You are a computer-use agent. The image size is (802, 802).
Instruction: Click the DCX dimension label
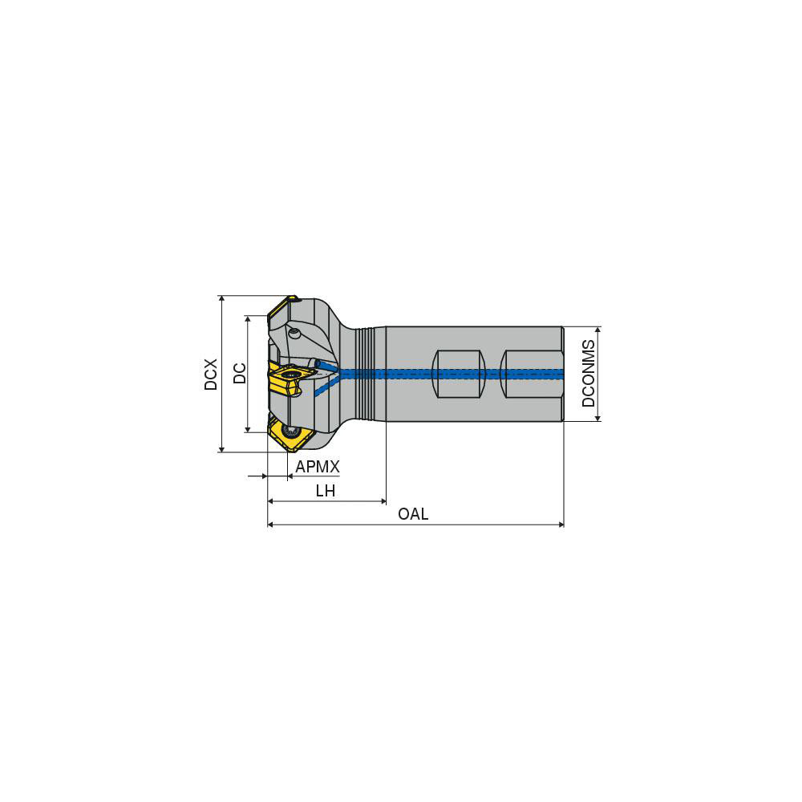211,374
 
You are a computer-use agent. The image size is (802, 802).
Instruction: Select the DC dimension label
239,374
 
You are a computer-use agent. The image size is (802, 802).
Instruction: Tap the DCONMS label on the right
589,373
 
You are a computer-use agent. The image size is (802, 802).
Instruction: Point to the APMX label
318,467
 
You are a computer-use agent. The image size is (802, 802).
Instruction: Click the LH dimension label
325,491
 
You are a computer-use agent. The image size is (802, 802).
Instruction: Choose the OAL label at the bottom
413,514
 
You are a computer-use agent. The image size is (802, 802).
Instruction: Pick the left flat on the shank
459,374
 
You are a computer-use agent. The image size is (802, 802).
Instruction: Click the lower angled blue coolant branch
325,386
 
